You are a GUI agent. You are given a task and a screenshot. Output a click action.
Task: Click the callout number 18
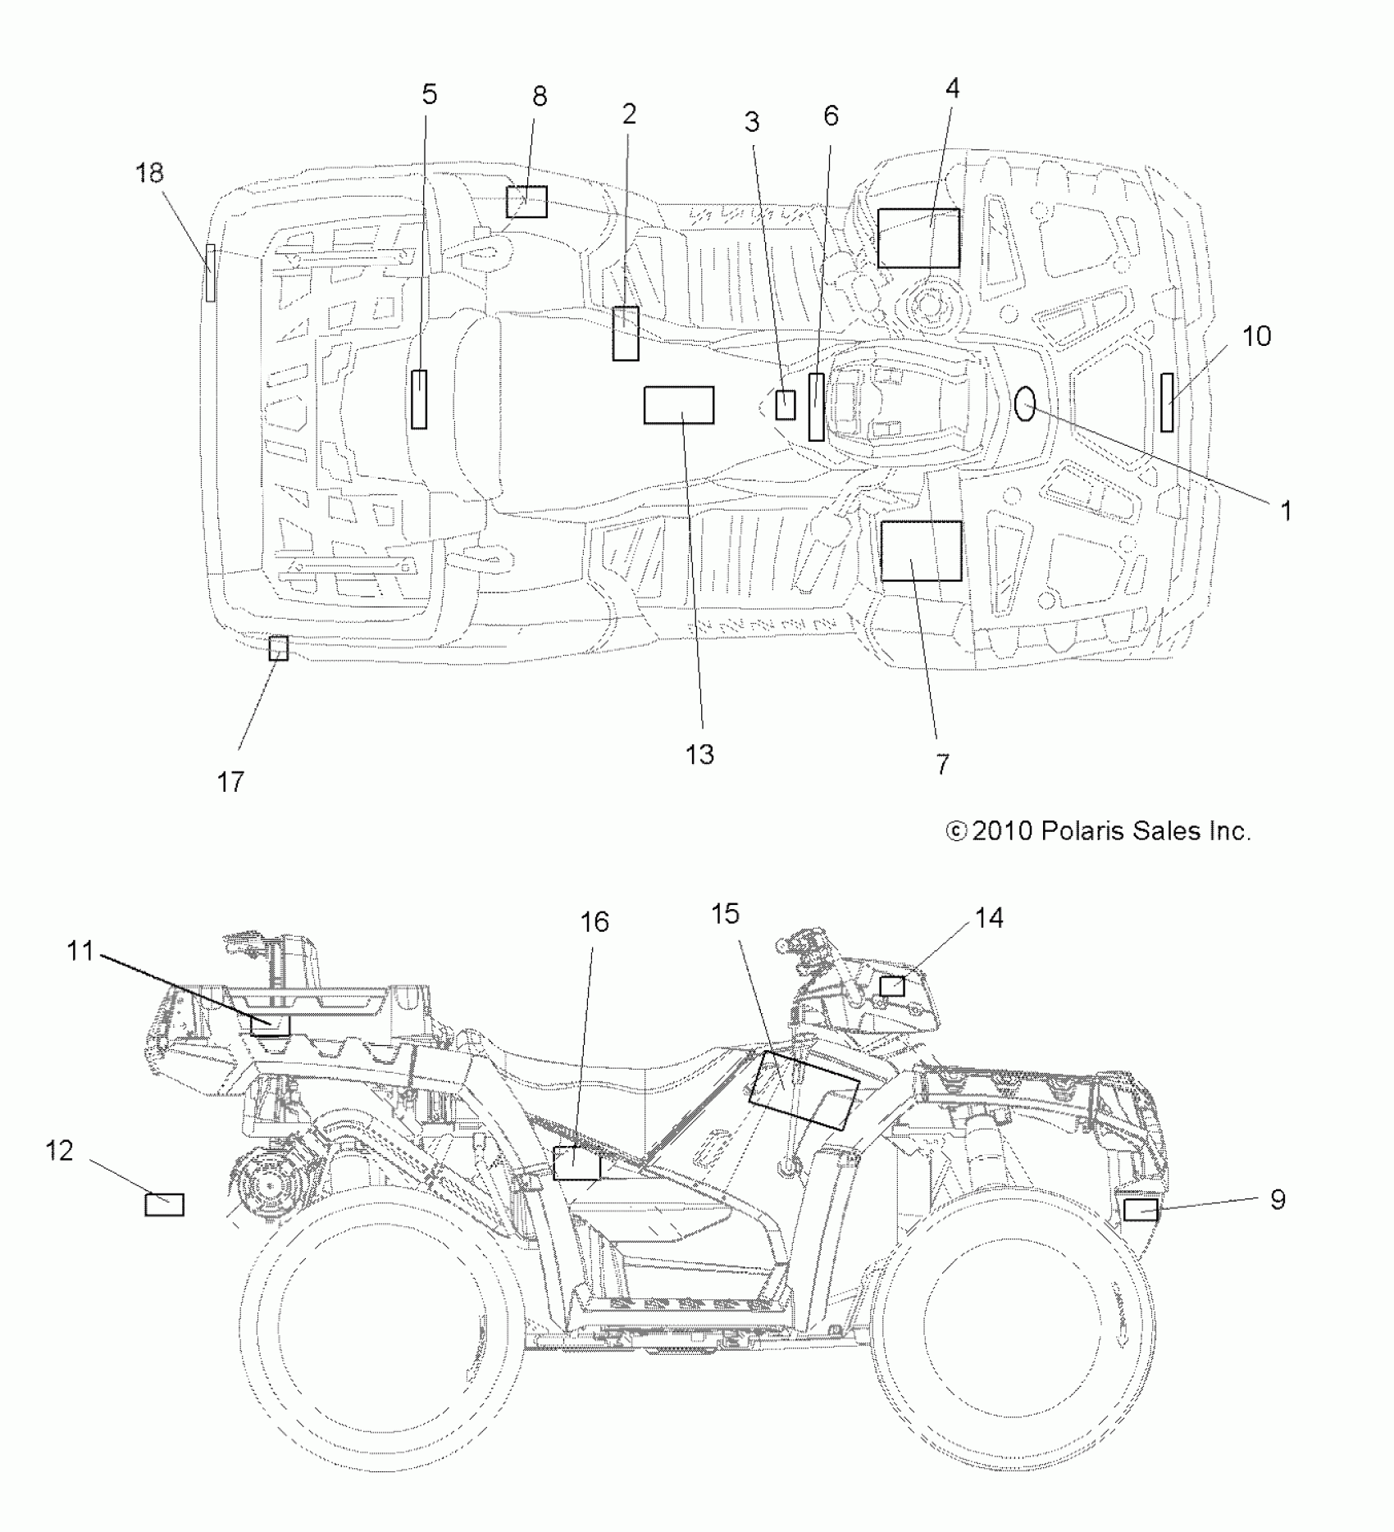150,173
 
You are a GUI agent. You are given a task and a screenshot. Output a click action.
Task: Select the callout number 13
699,755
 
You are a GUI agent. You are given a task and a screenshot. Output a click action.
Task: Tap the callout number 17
231,782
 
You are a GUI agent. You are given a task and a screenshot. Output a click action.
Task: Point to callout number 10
1256,336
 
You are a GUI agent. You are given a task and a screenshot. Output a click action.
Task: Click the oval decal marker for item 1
1025,404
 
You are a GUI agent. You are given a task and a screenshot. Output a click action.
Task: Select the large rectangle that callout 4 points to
918,238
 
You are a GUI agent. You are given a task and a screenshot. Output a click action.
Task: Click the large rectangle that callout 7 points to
921,551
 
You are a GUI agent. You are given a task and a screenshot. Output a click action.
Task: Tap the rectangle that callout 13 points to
678,405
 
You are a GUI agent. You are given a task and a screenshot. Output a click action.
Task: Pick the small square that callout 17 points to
279,648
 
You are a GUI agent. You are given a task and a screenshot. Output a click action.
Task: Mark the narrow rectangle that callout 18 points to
211,272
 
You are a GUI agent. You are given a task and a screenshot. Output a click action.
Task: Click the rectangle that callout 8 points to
526,201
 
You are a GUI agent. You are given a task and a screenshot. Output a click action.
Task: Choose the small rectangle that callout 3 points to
786,405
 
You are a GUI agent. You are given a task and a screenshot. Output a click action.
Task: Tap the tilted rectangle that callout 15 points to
804,1089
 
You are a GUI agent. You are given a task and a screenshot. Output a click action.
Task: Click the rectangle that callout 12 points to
164,1204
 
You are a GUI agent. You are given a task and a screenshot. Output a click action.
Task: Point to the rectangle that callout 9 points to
1140,1209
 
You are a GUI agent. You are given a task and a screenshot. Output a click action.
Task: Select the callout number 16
594,922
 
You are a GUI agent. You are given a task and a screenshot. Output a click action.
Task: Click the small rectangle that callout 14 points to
892,986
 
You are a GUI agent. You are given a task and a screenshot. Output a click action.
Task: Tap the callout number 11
80,951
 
